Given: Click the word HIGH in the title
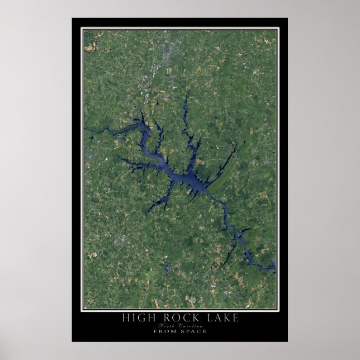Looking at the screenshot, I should click(x=136, y=318).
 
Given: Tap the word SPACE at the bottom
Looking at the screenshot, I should click(x=193, y=331).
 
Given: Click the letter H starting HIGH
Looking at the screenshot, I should click(x=125, y=318).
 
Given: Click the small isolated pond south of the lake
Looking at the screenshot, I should click(x=167, y=269).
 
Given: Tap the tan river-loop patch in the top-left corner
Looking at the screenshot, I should click(x=89, y=48).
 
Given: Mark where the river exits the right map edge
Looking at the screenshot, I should click(x=274, y=269).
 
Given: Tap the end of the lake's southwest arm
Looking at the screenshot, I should click(x=149, y=212).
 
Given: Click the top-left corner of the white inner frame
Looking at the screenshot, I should click(x=83, y=29).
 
